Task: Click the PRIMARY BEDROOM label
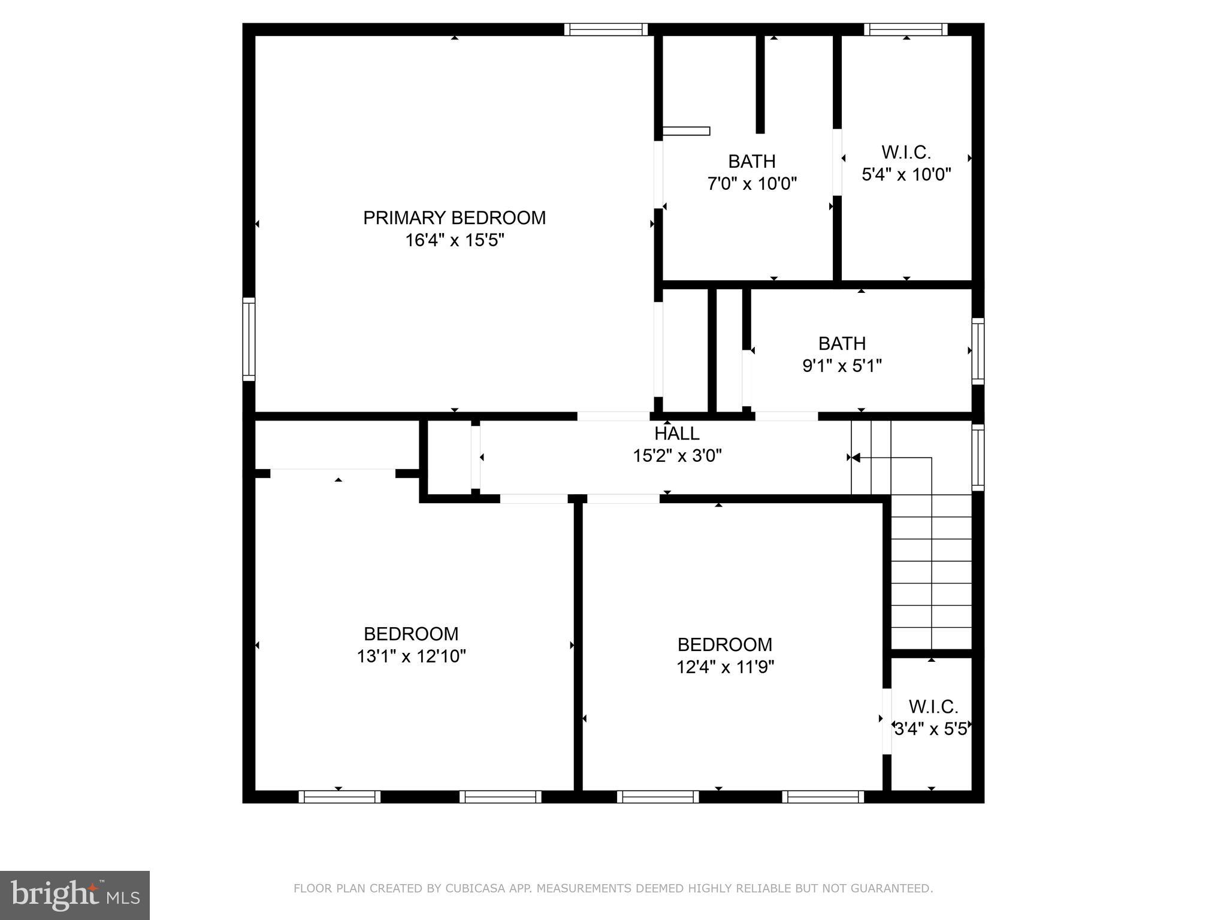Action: (454, 218)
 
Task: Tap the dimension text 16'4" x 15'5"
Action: (454, 241)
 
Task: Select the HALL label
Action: (676, 434)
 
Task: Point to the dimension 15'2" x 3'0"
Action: (677, 456)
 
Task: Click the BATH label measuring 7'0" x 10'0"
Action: (751, 162)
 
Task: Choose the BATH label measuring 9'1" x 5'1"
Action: (842, 344)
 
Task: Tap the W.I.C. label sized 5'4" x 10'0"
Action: (906, 153)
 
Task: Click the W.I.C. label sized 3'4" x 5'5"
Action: (933, 707)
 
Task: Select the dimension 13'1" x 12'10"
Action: (411, 657)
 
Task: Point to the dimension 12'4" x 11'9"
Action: (725, 667)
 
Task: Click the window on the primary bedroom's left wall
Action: (249, 339)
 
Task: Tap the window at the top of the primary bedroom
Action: (606, 29)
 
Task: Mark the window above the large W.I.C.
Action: (905, 29)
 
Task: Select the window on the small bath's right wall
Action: (977, 351)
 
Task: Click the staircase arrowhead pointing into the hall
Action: (856, 458)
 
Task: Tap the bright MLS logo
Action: (75, 895)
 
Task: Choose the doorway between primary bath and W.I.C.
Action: (837, 162)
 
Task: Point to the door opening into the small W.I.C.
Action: (887, 722)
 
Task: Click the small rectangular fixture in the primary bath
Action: (687, 131)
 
